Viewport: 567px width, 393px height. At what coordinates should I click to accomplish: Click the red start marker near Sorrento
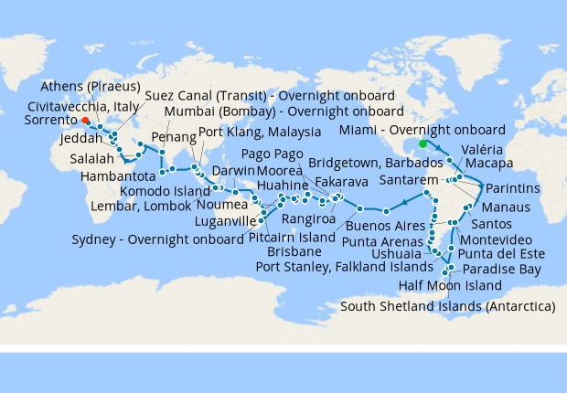tap(85, 120)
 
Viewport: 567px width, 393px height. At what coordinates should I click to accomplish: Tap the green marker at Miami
tap(423, 143)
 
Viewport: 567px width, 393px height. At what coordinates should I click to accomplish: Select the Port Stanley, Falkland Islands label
tap(344, 267)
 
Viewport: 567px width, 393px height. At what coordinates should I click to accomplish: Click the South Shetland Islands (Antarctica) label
tap(448, 305)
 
